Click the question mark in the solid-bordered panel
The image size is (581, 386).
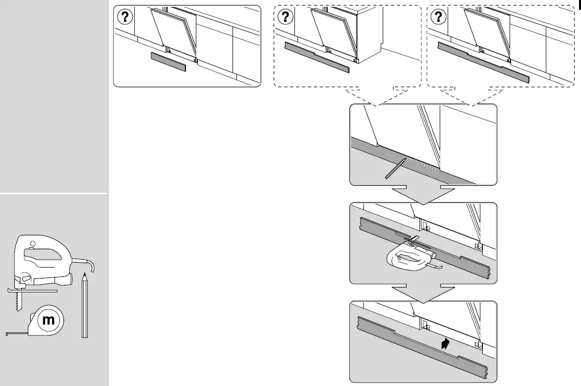[125, 17]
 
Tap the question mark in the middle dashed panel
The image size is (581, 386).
[285, 17]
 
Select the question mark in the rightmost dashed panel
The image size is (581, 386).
[438, 17]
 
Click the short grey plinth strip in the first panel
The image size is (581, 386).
[168, 61]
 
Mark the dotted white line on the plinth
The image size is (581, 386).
[421, 164]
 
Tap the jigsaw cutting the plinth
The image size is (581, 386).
[407, 255]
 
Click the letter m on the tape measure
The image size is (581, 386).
[48, 320]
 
